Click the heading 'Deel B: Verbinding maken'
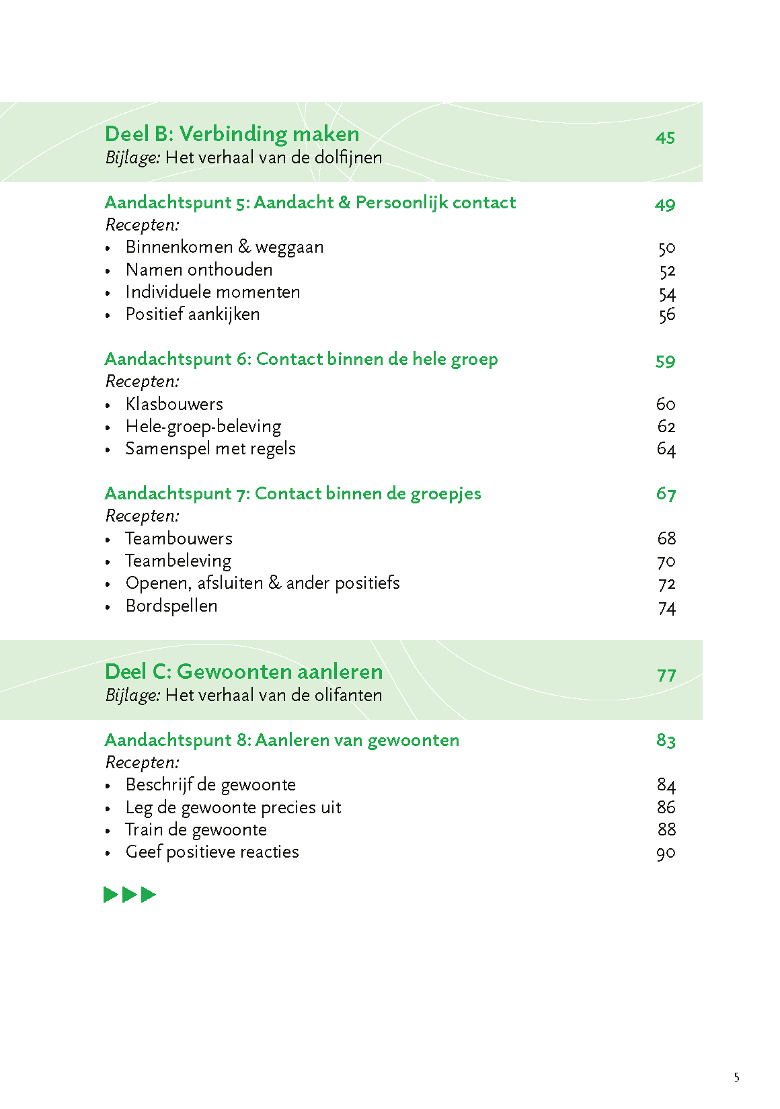tap(232, 134)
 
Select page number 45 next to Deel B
tap(665, 137)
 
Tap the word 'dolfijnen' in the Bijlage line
tap(348, 157)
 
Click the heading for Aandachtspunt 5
tap(310, 202)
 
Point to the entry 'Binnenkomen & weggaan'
tap(225, 247)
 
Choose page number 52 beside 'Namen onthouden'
tap(667, 271)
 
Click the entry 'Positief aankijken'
tap(192, 315)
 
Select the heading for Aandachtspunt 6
tap(301, 359)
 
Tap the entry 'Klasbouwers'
tap(174, 404)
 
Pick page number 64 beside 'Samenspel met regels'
tap(666, 449)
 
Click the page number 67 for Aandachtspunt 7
tap(666, 494)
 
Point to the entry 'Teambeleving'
tap(178, 561)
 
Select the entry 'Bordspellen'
tap(171, 606)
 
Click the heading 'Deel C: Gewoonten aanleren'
tap(244, 671)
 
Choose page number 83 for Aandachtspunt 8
tap(666, 741)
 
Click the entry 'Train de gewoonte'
tap(196, 829)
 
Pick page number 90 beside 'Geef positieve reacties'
tap(666, 853)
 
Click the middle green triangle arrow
tap(129, 895)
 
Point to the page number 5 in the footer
tap(737, 1078)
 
